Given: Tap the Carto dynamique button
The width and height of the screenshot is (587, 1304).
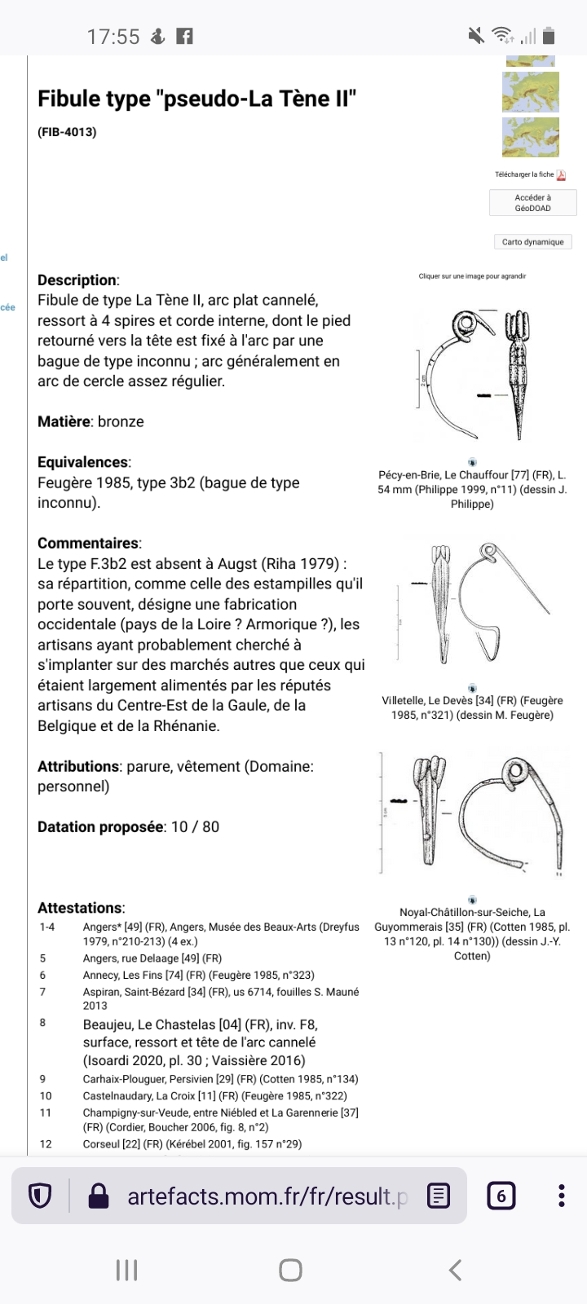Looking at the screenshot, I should point(532,242).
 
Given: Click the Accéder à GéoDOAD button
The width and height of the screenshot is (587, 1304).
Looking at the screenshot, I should point(532,203).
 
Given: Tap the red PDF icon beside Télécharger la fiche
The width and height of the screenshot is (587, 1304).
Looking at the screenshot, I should point(561,174).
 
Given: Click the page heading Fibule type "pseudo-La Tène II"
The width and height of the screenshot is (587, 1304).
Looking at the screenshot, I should point(197,99).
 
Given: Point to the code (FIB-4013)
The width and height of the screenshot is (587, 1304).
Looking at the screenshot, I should point(67,132).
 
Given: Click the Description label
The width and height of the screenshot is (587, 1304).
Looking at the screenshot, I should point(77,280).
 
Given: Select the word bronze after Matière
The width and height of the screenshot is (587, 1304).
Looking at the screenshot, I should point(121,421).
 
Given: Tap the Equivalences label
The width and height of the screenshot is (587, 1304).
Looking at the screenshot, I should point(83,462).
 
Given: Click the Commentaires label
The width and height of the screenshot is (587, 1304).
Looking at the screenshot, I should point(88,544).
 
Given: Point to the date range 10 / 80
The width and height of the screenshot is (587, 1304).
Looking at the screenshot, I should point(195,827).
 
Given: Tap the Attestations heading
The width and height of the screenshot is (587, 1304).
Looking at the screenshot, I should point(80,908).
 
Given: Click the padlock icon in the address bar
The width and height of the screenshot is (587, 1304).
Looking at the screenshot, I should point(98,1196).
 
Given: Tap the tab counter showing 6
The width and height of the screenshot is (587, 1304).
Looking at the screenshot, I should point(501,1196).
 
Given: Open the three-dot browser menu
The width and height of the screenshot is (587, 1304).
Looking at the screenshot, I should point(561,1196).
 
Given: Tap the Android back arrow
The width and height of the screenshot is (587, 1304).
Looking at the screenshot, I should point(456,1269).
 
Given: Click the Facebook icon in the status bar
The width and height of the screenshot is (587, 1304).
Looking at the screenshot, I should point(185,36).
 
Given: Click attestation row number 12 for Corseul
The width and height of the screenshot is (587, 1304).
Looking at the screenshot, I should point(192,1144).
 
